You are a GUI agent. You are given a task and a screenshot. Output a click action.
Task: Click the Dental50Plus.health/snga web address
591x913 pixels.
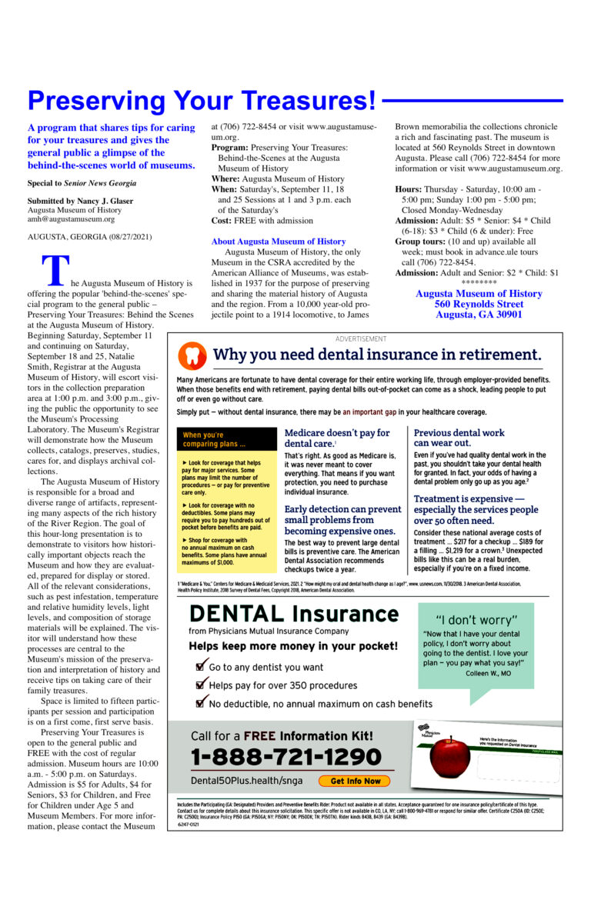(246, 781)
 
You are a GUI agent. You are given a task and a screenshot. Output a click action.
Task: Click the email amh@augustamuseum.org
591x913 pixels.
(71, 219)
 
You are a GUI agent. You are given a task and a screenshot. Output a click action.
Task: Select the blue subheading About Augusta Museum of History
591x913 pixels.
(278, 242)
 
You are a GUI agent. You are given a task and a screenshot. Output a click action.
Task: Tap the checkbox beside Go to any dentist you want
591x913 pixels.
(202, 666)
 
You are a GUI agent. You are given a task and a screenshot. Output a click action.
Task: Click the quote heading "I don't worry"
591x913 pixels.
(476, 620)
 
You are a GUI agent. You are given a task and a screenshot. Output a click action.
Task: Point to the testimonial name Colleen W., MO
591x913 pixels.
(488, 673)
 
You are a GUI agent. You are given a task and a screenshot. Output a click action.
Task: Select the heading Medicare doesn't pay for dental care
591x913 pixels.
(337, 438)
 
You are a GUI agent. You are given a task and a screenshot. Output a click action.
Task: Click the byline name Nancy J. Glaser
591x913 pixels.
(105, 201)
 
